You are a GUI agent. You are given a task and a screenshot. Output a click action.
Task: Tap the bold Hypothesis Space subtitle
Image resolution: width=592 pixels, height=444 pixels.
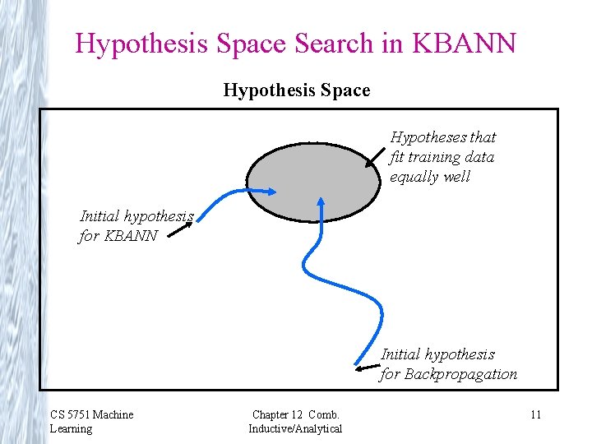click(x=296, y=90)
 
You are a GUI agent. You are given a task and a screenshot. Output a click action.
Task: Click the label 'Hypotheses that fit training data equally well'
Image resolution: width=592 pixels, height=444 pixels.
click(x=442, y=157)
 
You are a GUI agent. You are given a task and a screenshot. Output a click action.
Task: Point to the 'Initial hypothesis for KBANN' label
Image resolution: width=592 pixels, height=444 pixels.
click(x=136, y=226)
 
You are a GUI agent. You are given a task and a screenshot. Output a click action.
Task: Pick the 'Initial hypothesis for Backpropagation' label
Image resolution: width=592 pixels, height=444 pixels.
click(x=448, y=364)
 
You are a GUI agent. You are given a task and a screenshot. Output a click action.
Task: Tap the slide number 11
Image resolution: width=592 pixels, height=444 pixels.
click(x=535, y=415)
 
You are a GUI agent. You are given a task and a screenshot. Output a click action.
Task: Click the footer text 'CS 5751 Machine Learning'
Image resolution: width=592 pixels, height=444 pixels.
click(x=90, y=421)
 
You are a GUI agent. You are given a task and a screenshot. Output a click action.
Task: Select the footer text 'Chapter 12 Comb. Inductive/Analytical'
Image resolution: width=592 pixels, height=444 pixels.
click(x=295, y=421)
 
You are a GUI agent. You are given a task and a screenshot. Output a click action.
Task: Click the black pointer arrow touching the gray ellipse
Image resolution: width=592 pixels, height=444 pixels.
click(x=376, y=155)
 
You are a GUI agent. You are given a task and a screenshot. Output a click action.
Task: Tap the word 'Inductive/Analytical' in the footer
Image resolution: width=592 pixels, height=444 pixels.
click(x=295, y=428)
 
